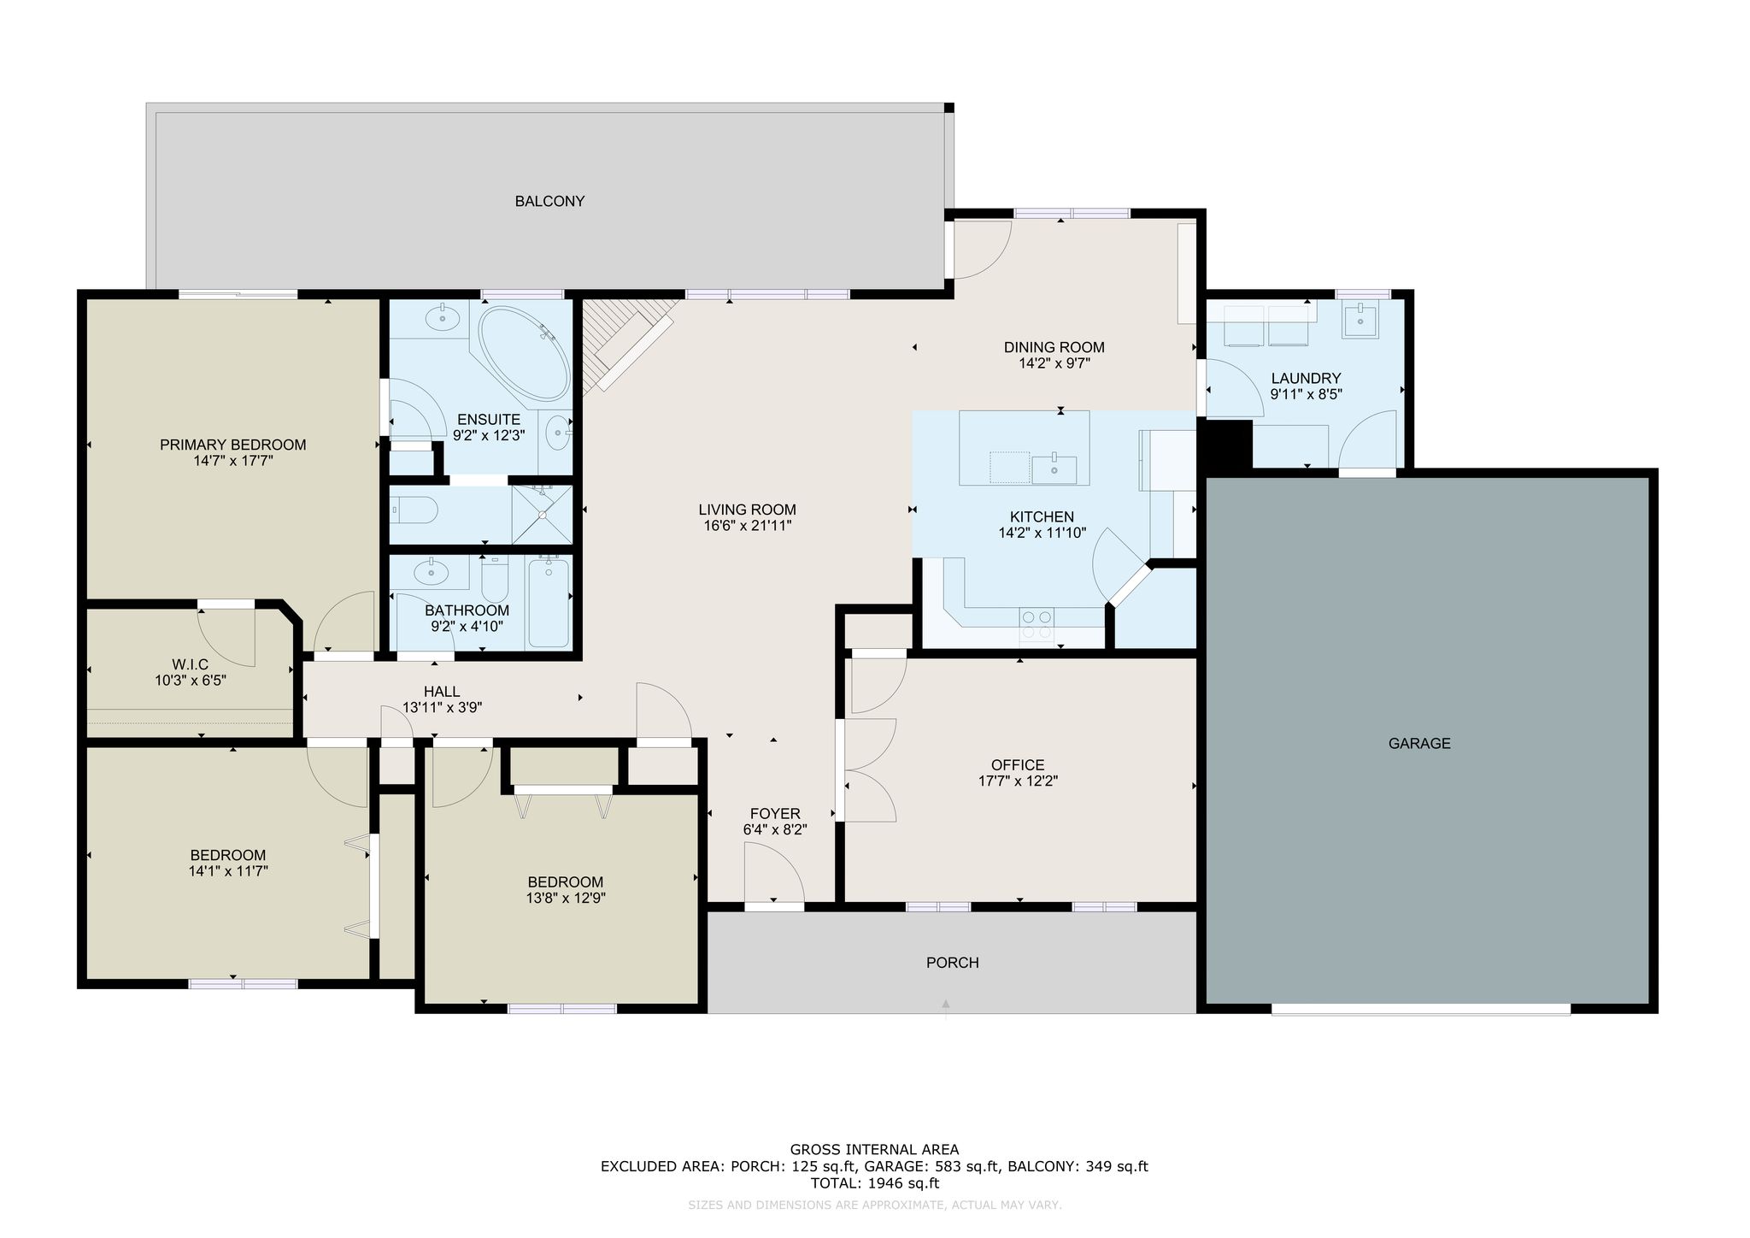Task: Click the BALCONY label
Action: [549, 202]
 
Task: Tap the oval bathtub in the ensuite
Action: [523, 353]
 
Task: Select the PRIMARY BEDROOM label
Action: [232, 445]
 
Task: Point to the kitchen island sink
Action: [1054, 469]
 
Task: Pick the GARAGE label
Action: [1419, 744]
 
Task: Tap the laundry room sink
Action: [1359, 321]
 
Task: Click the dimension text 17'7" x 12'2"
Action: [1018, 781]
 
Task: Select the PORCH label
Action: [952, 963]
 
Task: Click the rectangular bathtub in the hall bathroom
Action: [549, 602]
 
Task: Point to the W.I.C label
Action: [190, 664]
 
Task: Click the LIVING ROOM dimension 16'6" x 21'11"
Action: [747, 526]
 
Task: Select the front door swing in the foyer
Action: [773, 871]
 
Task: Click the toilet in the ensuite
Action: [414, 511]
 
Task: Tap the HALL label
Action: [442, 692]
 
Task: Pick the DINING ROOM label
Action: [1054, 348]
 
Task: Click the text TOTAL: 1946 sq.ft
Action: [874, 1184]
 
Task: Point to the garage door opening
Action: [1420, 1009]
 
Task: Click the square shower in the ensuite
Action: [541, 514]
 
